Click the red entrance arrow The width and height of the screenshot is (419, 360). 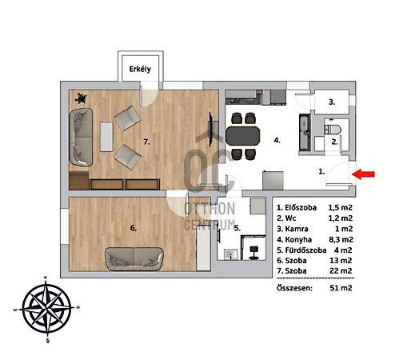pyautogui.click(x=363, y=174)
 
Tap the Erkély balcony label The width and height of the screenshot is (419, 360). pyautogui.click(x=140, y=70)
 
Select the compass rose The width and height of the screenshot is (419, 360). pyautogui.click(x=46, y=310)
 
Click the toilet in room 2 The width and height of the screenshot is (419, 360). pyautogui.click(x=333, y=130)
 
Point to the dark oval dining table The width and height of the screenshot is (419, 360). pyautogui.click(x=242, y=136)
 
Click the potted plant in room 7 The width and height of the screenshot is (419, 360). pyautogui.click(x=81, y=98)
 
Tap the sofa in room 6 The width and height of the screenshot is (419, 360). pyautogui.click(x=134, y=258)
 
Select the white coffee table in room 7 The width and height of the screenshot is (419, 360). pyautogui.click(x=106, y=137)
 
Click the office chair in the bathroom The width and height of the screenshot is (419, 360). pyautogui.click(x=253, y=253)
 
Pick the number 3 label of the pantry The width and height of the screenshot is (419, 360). pyautogui.click(x=332, y=102)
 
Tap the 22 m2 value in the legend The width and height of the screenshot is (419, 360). pyautogui.click(x=341, y=270)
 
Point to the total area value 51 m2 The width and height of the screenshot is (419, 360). pyautogui.click(x=341, y=288)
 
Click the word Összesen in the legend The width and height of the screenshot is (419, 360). pyautogui.click(x=294, y=288)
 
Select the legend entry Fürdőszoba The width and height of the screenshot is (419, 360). pyautogui.click(x=305, y=250)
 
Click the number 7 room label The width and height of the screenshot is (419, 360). pyautogui.click(x=146, y=142)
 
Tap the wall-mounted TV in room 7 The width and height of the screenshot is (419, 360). pyautogui.click(x=211, y=130)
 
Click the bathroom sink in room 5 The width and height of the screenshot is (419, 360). pyautogui.click(x=230, y=254)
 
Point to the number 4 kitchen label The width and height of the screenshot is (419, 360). pyautogui.click(x=277, y=140)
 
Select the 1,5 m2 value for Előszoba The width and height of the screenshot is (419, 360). pyautogui.click(x=340, y=207)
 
